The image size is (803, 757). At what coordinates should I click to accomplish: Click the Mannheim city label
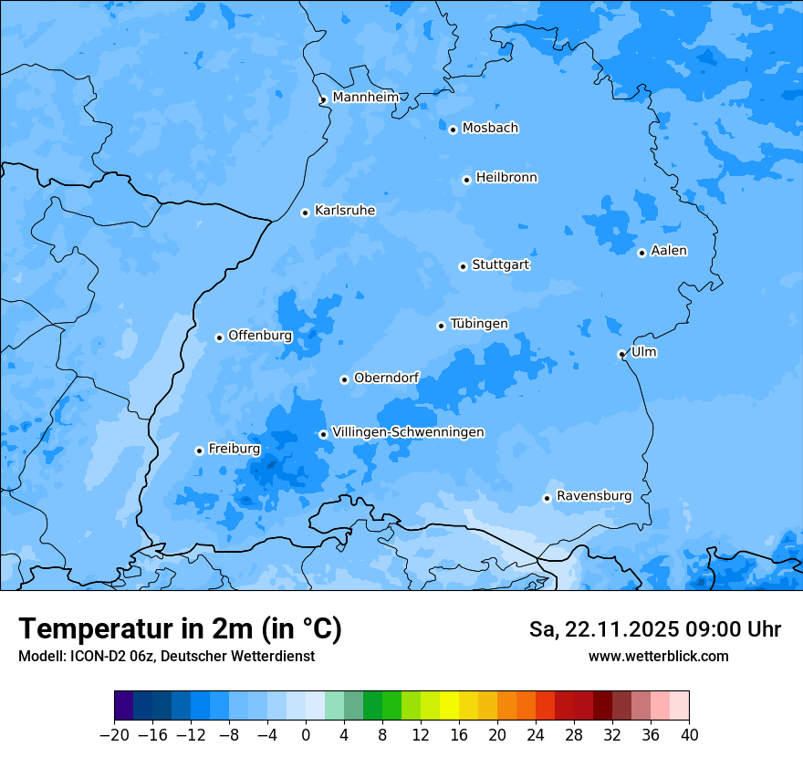365,98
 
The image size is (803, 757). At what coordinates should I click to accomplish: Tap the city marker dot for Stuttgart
463,266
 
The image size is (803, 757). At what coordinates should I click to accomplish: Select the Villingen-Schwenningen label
408,432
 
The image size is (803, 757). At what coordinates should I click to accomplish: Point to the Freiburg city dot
199,451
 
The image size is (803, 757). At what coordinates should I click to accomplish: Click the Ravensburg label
593,496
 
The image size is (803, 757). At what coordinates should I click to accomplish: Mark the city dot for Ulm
621,354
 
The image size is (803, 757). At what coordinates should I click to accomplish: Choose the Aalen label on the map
669,251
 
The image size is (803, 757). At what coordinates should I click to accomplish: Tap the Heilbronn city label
506,178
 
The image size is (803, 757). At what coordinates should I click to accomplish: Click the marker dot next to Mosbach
453,130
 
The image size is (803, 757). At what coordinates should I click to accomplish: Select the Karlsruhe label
344,211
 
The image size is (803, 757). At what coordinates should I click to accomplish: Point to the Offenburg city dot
219,337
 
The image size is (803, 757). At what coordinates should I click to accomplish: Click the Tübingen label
478,324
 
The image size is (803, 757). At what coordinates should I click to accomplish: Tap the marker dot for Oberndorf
344,379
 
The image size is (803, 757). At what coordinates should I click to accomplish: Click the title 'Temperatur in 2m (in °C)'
180,628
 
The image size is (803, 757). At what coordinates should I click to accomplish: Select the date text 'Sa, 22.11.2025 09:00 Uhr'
654,629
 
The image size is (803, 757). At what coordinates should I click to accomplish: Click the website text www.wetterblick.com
658,657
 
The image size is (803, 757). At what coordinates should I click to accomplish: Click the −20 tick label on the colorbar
114,735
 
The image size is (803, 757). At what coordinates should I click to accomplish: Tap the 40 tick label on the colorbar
689,735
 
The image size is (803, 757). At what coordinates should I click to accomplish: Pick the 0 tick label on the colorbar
306,735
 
